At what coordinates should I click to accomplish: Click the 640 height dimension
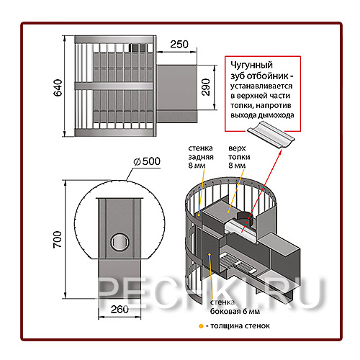pos(58,88)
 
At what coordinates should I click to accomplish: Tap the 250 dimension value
pos(179,45)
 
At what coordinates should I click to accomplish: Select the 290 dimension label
pos(206,87)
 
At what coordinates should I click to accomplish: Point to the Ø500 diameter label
pos(147,161)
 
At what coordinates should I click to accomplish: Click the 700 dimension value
pos(58,240)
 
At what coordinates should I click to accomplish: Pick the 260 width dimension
pos(120,309)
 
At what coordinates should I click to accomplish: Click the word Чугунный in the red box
pos(251,65)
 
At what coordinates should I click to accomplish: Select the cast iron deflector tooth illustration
pos(271,135)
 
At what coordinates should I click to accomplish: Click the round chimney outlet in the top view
pos(120,242)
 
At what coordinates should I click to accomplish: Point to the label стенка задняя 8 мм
pos(201,157)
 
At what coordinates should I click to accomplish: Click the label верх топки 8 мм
pos(239,157)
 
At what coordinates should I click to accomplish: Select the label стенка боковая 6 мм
pos(235,307)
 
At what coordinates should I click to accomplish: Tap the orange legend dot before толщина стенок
pos(201,326)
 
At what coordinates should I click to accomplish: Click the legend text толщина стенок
pos(240,326)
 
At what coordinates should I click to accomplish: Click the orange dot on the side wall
pos(210,254)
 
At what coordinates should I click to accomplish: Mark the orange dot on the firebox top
pos(228,212)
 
